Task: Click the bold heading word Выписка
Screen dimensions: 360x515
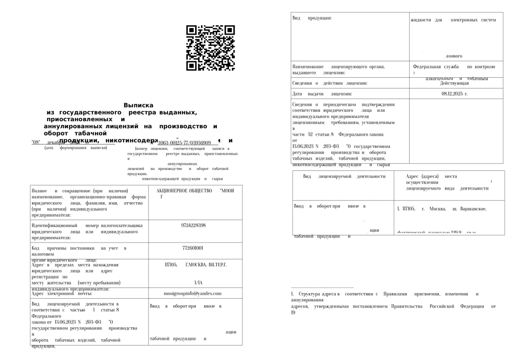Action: (x=138, y=106)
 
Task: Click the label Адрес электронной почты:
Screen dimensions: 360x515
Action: (x=61, y=294)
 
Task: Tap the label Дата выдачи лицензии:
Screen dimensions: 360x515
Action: (x=328, y=94)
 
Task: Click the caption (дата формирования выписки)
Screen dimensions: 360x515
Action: (x=76, y=148)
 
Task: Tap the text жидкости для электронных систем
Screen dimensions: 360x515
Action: (x=452, y=20)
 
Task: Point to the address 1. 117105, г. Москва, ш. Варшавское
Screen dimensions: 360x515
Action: (x=441, y=209)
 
